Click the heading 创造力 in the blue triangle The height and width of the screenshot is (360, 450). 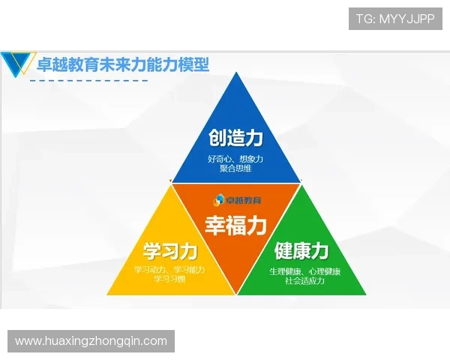[235, 139]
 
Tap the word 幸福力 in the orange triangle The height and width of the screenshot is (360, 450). [235, 224]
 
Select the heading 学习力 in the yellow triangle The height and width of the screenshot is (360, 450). [170, 250]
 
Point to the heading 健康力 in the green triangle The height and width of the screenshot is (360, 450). [301, 250]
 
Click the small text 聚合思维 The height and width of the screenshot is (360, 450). [235, 169]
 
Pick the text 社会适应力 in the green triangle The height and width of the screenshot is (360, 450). [304, 280]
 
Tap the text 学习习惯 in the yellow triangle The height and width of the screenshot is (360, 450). [169, 279]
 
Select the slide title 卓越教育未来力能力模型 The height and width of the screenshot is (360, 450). [123, 65]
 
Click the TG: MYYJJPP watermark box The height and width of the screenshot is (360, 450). [396, 19]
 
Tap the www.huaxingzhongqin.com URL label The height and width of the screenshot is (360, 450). [91, 341]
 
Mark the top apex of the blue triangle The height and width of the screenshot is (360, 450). [236, 73]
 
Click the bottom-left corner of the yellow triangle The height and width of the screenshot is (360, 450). [108, 294]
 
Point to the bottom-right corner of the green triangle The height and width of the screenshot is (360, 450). [366, 294]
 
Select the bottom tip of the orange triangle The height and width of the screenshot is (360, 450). [237, 293]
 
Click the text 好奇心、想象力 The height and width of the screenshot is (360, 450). [235, 159]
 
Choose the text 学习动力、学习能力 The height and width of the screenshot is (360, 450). [169, 269]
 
